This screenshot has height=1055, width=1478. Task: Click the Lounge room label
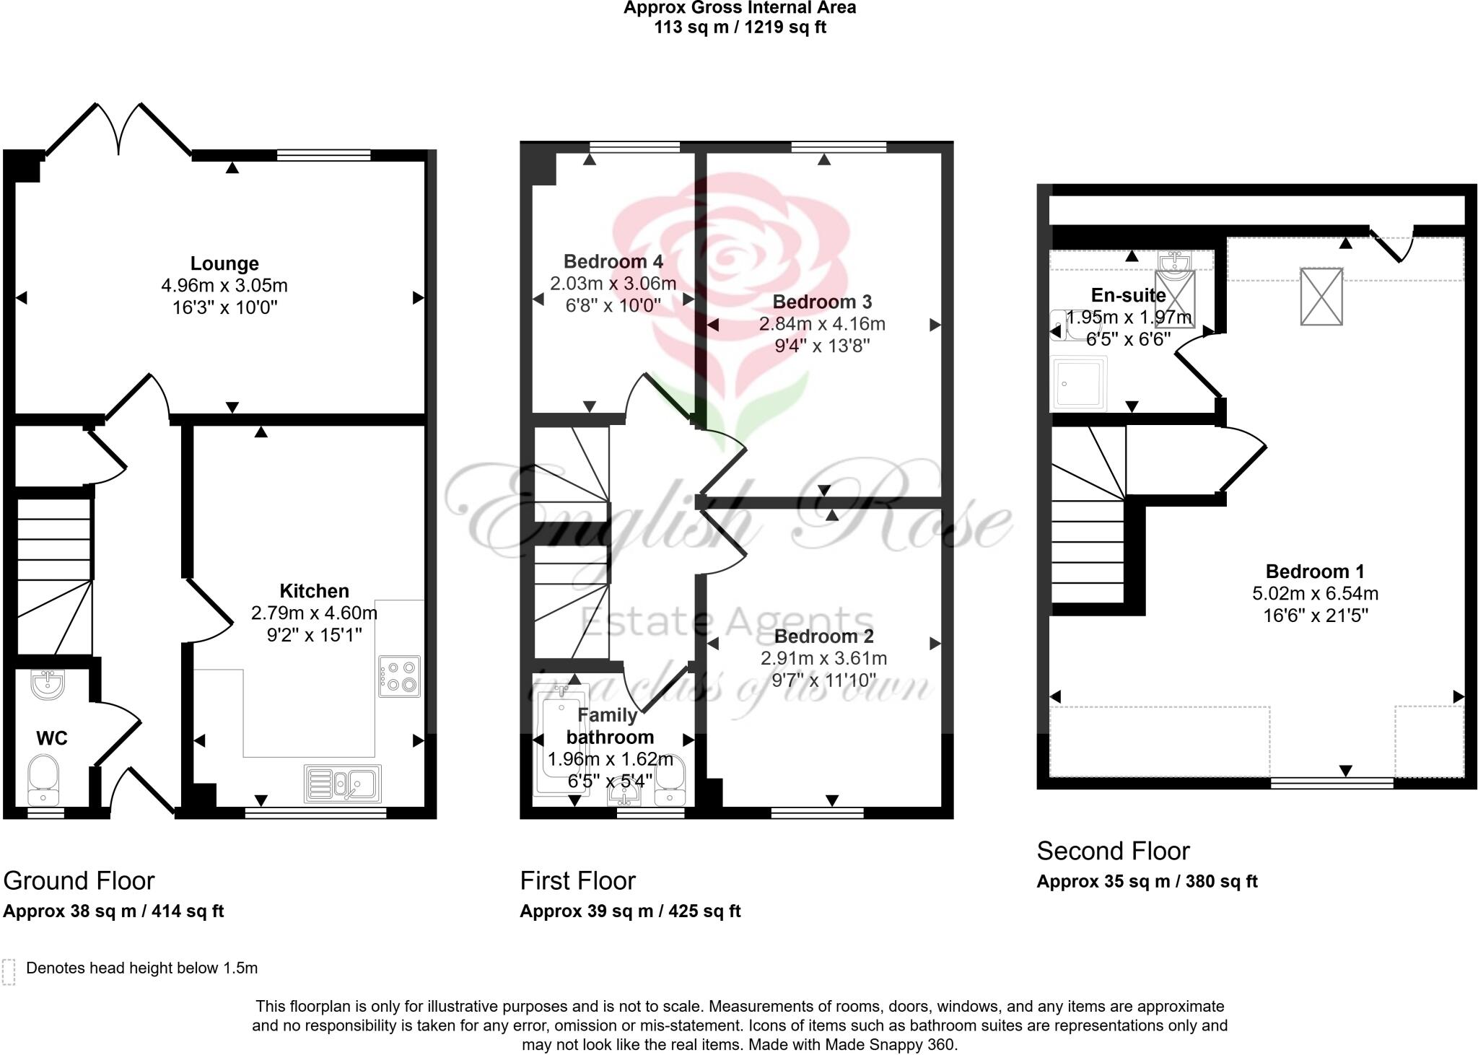pyautogui.click(x=224, y=263)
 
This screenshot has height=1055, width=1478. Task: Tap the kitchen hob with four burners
pyautogui.click(x=399, y=676)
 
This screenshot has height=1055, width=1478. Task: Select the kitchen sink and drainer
pyautogui.click(x=343, y=784)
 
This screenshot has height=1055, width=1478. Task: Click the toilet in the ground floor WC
pyautogui.click(x=43, y=779)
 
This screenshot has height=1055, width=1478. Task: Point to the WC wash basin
pyautogui.click(x=48, y=683)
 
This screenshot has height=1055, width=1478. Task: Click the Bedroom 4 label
pyautogui.click(x=613, y=261)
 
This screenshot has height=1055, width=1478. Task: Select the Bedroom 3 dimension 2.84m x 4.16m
pyautogui.click(x=822, y=324)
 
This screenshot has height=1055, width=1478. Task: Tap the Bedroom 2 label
pyautogui.click(x=823, y=636)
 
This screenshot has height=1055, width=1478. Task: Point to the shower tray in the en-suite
pyautogui.click(x=1080, y=383)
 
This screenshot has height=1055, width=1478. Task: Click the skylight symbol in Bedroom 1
pyautogui.click(x=1321, y=297)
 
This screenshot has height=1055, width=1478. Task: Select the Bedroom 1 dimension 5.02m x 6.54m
pyautogui.click(x=1315, y=594)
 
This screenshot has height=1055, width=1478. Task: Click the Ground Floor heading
pyautogui.click(x=79, y=881)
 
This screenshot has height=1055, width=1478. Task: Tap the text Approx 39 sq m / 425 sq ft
pyautogui.click(x=630, y=911)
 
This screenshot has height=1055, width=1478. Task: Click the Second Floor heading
pyautogui.click(x=1113, y=852)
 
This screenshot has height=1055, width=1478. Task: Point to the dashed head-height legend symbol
pyautogui.click(x=9, y=971)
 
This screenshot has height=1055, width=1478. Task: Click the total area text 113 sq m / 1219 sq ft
pyautogui.click(x=740, y=27)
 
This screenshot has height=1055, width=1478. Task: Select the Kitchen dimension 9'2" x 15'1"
pyautogui.click(x=314, y=635)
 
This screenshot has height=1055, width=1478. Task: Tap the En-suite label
pyautogui.click(x=1128, y=295)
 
